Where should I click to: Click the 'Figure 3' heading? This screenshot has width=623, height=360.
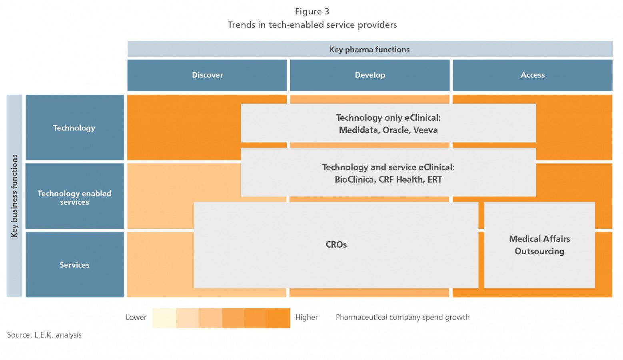point(312,12)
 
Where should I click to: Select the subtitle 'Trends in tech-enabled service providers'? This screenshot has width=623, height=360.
point(312,25)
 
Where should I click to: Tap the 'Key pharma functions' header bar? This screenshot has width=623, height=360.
point(370,49)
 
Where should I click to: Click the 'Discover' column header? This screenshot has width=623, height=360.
point(207,75)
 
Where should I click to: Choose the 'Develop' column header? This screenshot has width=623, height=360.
point(370,75)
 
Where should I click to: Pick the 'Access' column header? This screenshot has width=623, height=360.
point(533,75)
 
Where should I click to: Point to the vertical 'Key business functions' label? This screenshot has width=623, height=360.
point(14,196)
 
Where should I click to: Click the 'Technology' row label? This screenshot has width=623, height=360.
point(74,128)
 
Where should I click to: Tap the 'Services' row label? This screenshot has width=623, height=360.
point(74,264)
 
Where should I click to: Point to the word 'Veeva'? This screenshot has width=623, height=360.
point(425,130)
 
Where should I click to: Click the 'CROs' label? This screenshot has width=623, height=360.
point(336,244)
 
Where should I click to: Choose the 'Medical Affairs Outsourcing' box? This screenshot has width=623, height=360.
point(539,245)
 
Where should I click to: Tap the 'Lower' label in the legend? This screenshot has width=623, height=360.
point(136,318)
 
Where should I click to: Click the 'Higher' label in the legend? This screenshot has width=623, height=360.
point(306,318)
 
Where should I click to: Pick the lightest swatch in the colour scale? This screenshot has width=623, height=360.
point(164,318)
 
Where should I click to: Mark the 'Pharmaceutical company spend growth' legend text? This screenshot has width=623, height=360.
point(402,318)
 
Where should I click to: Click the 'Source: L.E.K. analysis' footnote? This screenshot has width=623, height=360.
point(44,335)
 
